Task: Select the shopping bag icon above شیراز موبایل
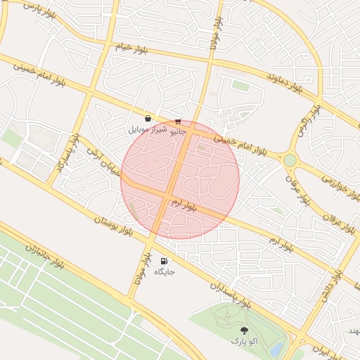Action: coord(148,119)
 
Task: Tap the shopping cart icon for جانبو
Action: coord(177,121)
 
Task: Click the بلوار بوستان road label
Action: coord(112,226)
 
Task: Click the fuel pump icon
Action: coord(165,260)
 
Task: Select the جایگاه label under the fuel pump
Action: coord(165,271)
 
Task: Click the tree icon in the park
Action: coord(244,330)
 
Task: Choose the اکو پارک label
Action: coord(244,341)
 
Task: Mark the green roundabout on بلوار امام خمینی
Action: coord(290,160)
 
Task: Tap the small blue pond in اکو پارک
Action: coord(276,349)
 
